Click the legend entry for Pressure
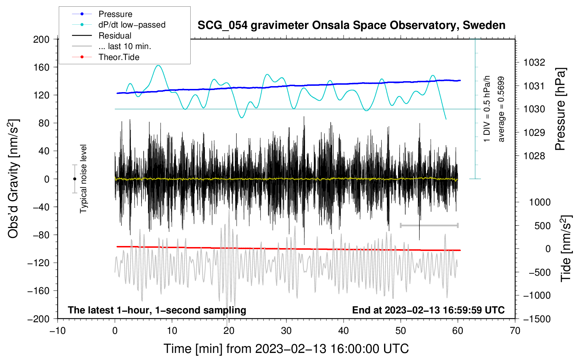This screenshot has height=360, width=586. [115, 14]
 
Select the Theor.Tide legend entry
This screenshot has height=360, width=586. [119, 57]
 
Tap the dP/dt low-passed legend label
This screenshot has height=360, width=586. [132, 25]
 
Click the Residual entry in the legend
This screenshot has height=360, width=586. [115, 36]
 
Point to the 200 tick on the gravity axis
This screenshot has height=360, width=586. [41, 39]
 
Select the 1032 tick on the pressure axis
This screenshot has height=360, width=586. [534, 62]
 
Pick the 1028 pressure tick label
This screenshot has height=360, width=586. [534, 156]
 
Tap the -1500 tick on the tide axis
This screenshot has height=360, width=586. [537, 319]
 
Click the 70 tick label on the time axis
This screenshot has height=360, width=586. [515, 331]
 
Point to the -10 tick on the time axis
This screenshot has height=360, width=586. [58, 331]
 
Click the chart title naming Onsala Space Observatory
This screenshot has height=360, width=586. [351, 25]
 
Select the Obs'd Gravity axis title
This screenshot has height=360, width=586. [13, 179]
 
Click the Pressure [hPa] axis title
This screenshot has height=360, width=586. [560, 109]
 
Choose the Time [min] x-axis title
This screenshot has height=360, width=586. [286, 349]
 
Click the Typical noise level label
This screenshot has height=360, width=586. [83, 179]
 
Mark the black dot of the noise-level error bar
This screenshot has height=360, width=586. [74, 179]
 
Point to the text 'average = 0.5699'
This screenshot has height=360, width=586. [501, 109]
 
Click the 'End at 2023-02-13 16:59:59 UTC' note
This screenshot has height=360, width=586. [428, 310]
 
